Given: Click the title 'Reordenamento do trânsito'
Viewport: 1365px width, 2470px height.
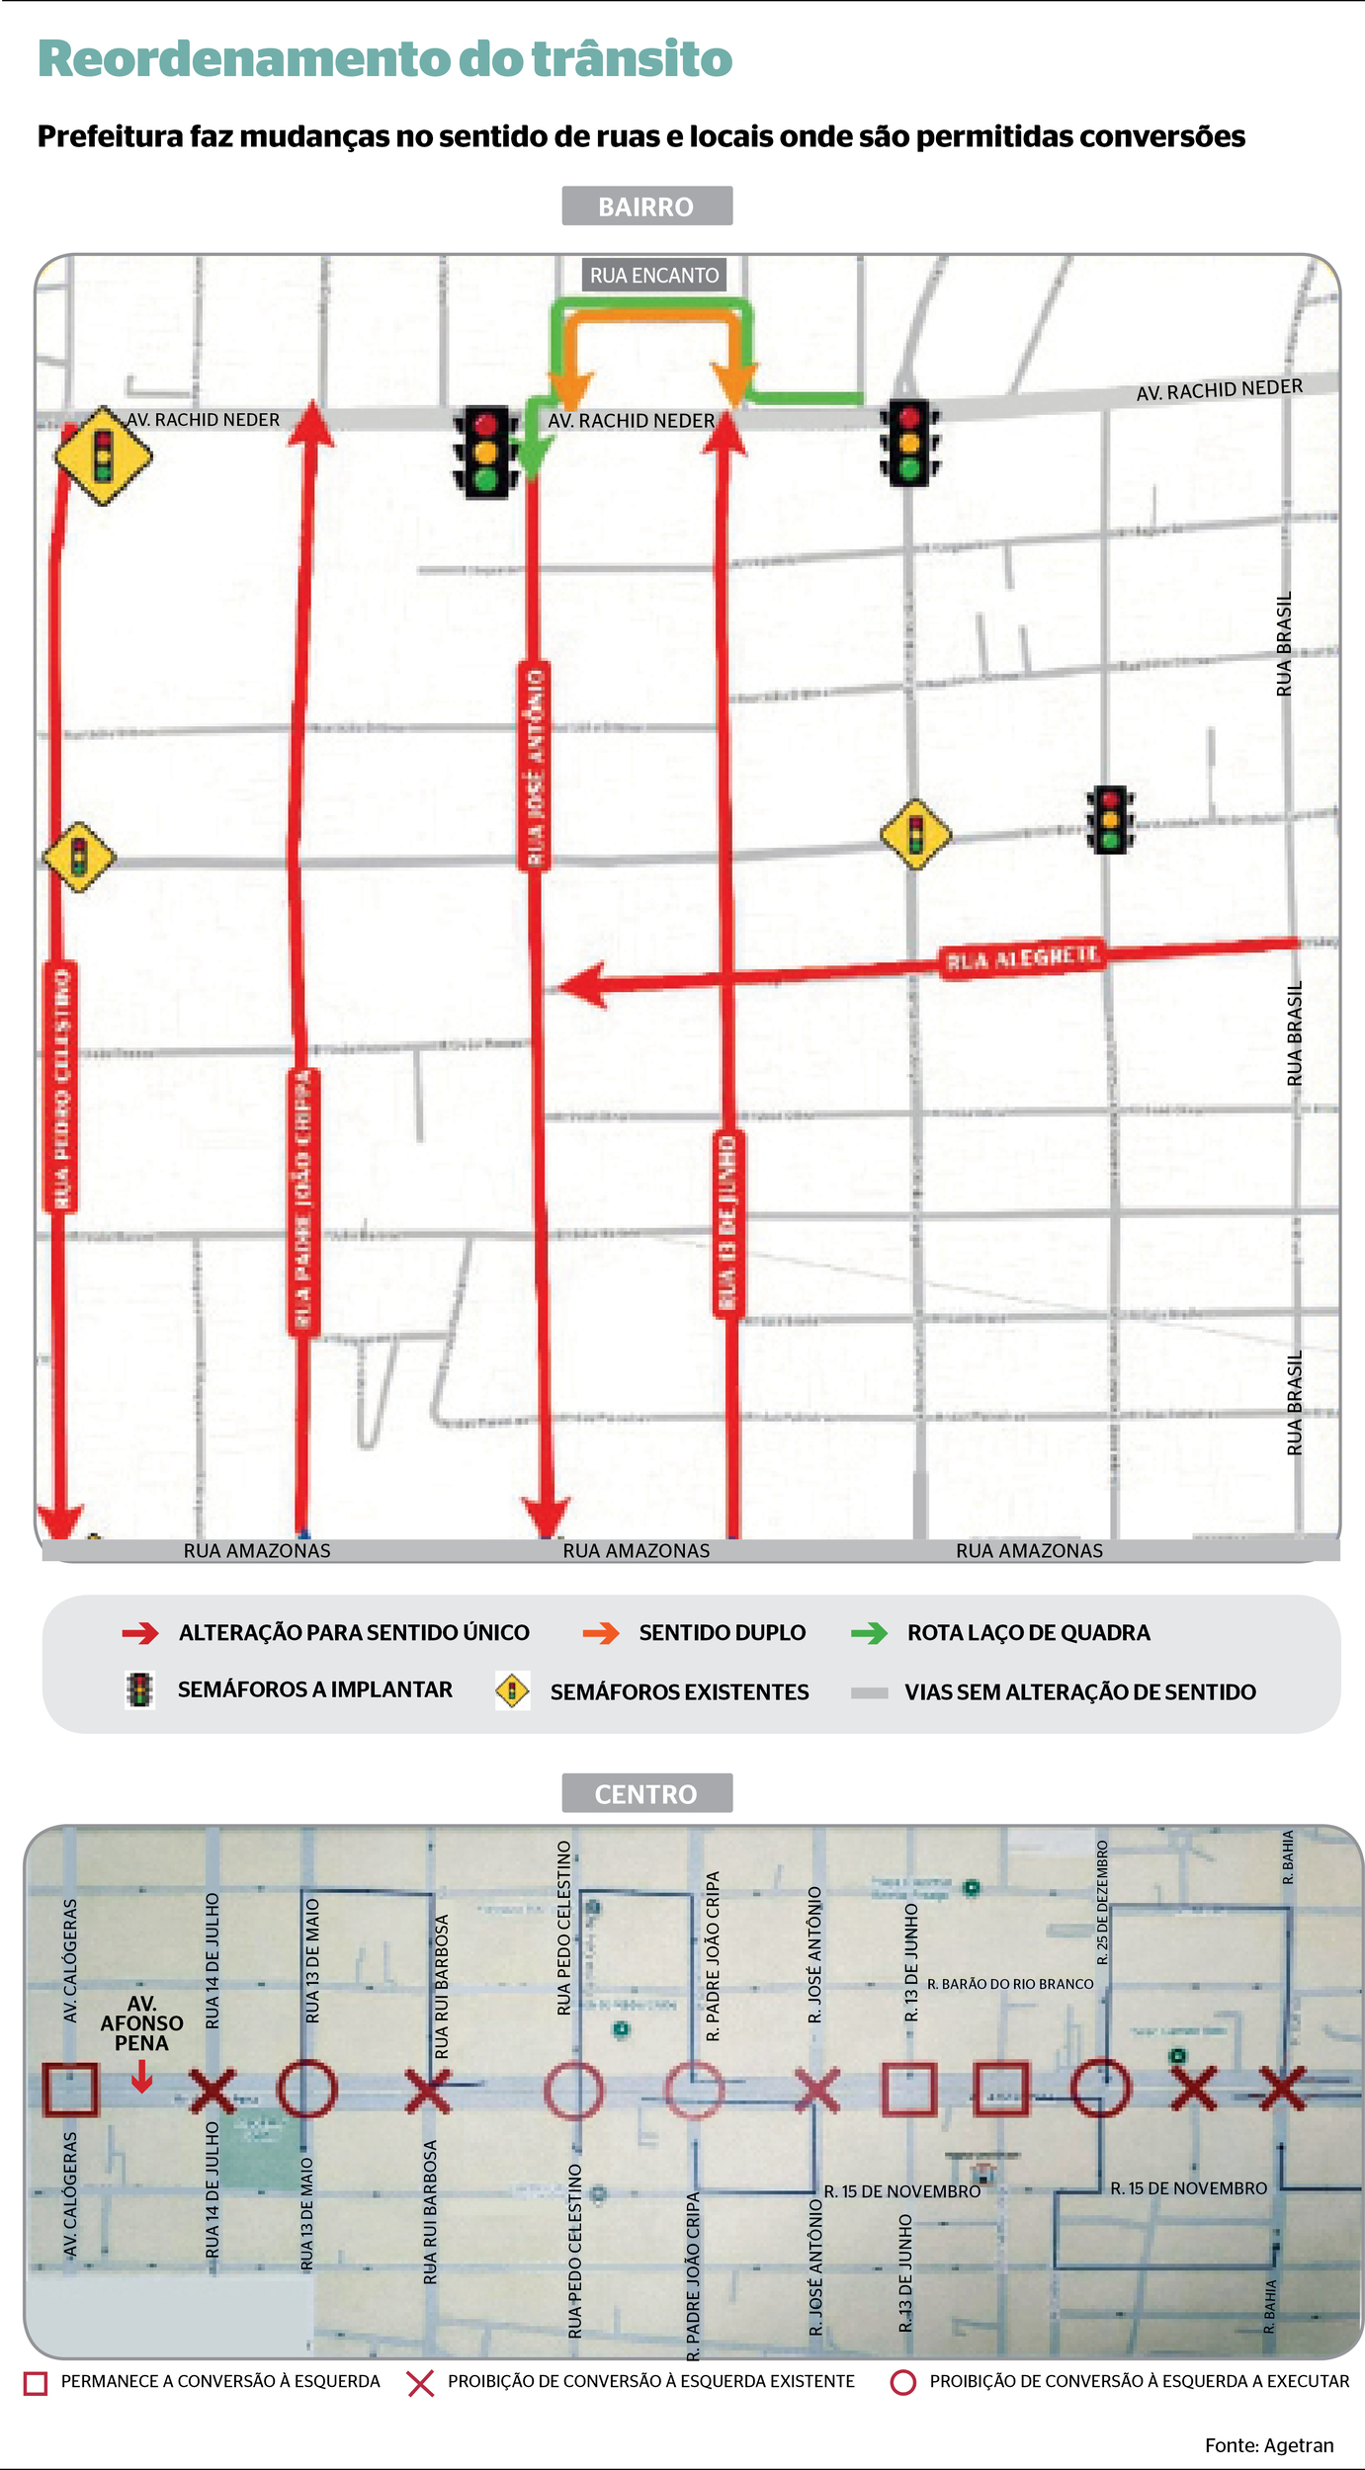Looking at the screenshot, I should pos(385,59).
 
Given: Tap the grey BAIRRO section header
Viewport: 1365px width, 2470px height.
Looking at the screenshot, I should pos(646,206).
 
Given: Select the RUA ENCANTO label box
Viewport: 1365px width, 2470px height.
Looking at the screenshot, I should pos(654,276).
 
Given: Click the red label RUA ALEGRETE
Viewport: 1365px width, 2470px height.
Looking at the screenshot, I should pos(1022,958).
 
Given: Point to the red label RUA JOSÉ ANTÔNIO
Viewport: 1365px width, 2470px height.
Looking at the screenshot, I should pos(535,766).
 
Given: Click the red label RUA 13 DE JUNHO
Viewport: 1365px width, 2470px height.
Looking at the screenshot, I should pos(729,1223).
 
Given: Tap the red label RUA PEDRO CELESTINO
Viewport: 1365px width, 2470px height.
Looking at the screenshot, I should pos(61,1087).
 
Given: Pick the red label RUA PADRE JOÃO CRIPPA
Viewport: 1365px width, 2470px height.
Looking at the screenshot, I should pos(303,1200).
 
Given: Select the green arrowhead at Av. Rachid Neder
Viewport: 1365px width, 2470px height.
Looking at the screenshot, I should pos(534,456).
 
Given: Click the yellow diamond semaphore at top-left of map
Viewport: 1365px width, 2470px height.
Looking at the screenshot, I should pos(103,456).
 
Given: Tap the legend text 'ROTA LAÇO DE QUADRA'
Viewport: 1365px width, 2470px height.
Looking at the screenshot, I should pos(1028,1633).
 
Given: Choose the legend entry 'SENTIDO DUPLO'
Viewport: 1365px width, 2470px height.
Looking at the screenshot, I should pos(722,1633).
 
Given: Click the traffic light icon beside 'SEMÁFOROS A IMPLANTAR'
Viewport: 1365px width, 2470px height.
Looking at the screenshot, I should pos(140,1690).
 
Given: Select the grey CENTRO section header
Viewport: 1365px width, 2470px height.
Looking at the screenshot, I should pos(646,1793).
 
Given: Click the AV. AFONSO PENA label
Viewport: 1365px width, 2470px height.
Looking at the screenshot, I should pos(141,2022).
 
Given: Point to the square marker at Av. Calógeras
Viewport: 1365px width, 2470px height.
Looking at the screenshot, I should pos(70,2090).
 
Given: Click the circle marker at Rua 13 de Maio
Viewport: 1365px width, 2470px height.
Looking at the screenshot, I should pos(306,2089).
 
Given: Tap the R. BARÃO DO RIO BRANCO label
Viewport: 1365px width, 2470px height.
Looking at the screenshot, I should pos(1010,1984).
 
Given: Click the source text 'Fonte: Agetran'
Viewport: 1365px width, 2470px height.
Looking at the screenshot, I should pos(1269,2436).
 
